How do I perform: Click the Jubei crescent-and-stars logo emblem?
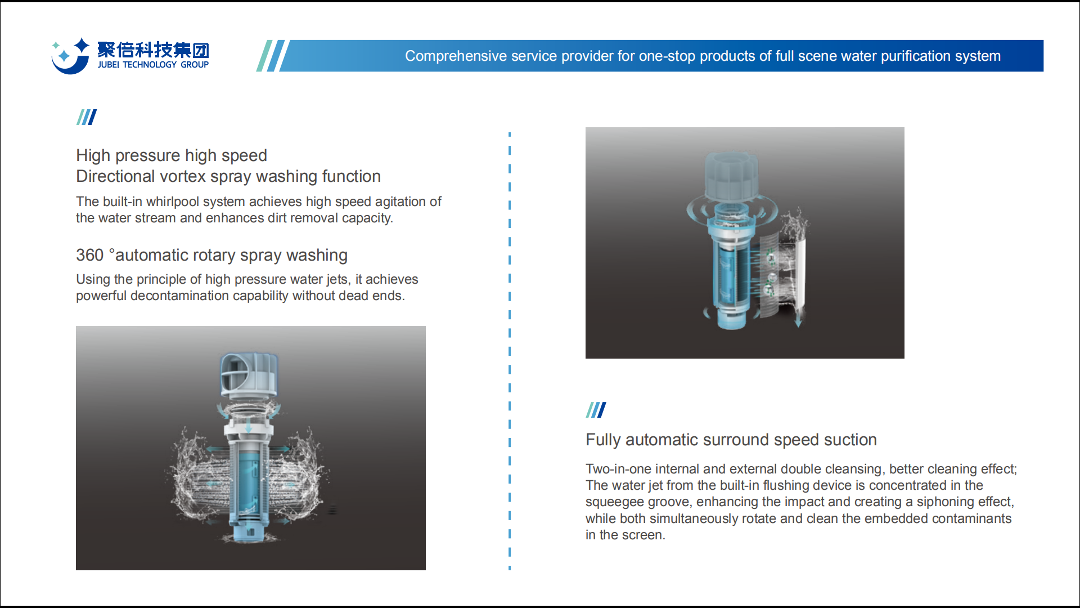[x=70, y=56]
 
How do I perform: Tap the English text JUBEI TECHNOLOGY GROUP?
[x=153, y=65]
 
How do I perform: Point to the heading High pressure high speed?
[x=172, y=155]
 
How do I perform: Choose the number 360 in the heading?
[x=90, y=255]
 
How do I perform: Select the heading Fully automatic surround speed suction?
[x=731, y=440]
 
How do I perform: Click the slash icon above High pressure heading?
[x=87, y=117]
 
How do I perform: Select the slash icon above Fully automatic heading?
[x=596, y=410]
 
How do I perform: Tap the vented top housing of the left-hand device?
[x=248, y=374]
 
